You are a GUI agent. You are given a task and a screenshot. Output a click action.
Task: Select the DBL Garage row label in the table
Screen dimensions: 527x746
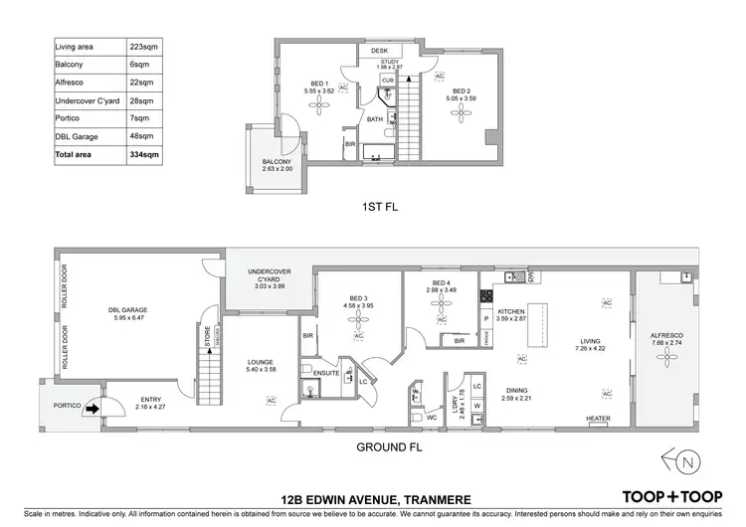point(77,136)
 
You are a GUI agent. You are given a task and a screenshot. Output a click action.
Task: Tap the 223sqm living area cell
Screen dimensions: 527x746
point(143,46)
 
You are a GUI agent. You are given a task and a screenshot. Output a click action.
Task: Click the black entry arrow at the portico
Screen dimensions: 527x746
point(91,406)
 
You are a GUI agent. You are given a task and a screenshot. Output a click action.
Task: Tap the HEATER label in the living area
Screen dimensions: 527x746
point(598,419)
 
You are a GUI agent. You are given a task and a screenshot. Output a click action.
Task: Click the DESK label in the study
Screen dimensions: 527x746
point(379,50)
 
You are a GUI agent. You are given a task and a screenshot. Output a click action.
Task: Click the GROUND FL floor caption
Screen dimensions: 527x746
point(389,447)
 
